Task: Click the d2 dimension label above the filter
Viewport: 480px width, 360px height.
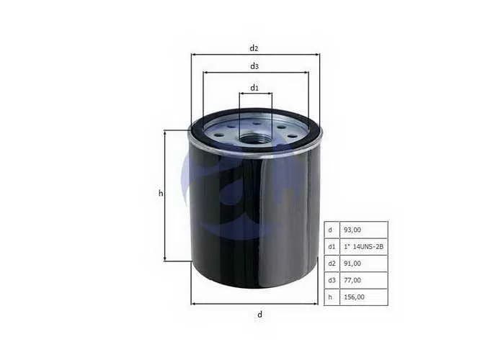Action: click(254, 48)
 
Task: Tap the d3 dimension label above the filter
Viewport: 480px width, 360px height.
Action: click(254, 66)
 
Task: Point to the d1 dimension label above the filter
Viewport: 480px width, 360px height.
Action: click(254, 88)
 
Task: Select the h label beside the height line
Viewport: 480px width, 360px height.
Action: click(161, 193)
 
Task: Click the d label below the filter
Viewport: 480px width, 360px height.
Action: click(259, 314)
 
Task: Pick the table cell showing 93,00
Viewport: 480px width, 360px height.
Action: click(364, 230)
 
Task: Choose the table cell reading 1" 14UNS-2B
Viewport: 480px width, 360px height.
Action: click(364, 246)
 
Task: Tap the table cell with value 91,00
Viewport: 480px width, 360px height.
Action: click(364, 264)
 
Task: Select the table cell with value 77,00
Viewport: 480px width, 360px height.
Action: click(364, 280)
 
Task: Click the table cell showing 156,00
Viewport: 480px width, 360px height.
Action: click(364, 297)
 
